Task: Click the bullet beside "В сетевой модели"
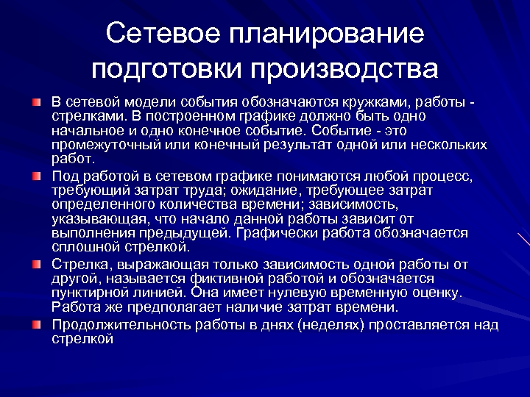tap(37, 100)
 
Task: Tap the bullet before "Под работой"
tap(37, 176)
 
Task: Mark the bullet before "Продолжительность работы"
tap(37, 323)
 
